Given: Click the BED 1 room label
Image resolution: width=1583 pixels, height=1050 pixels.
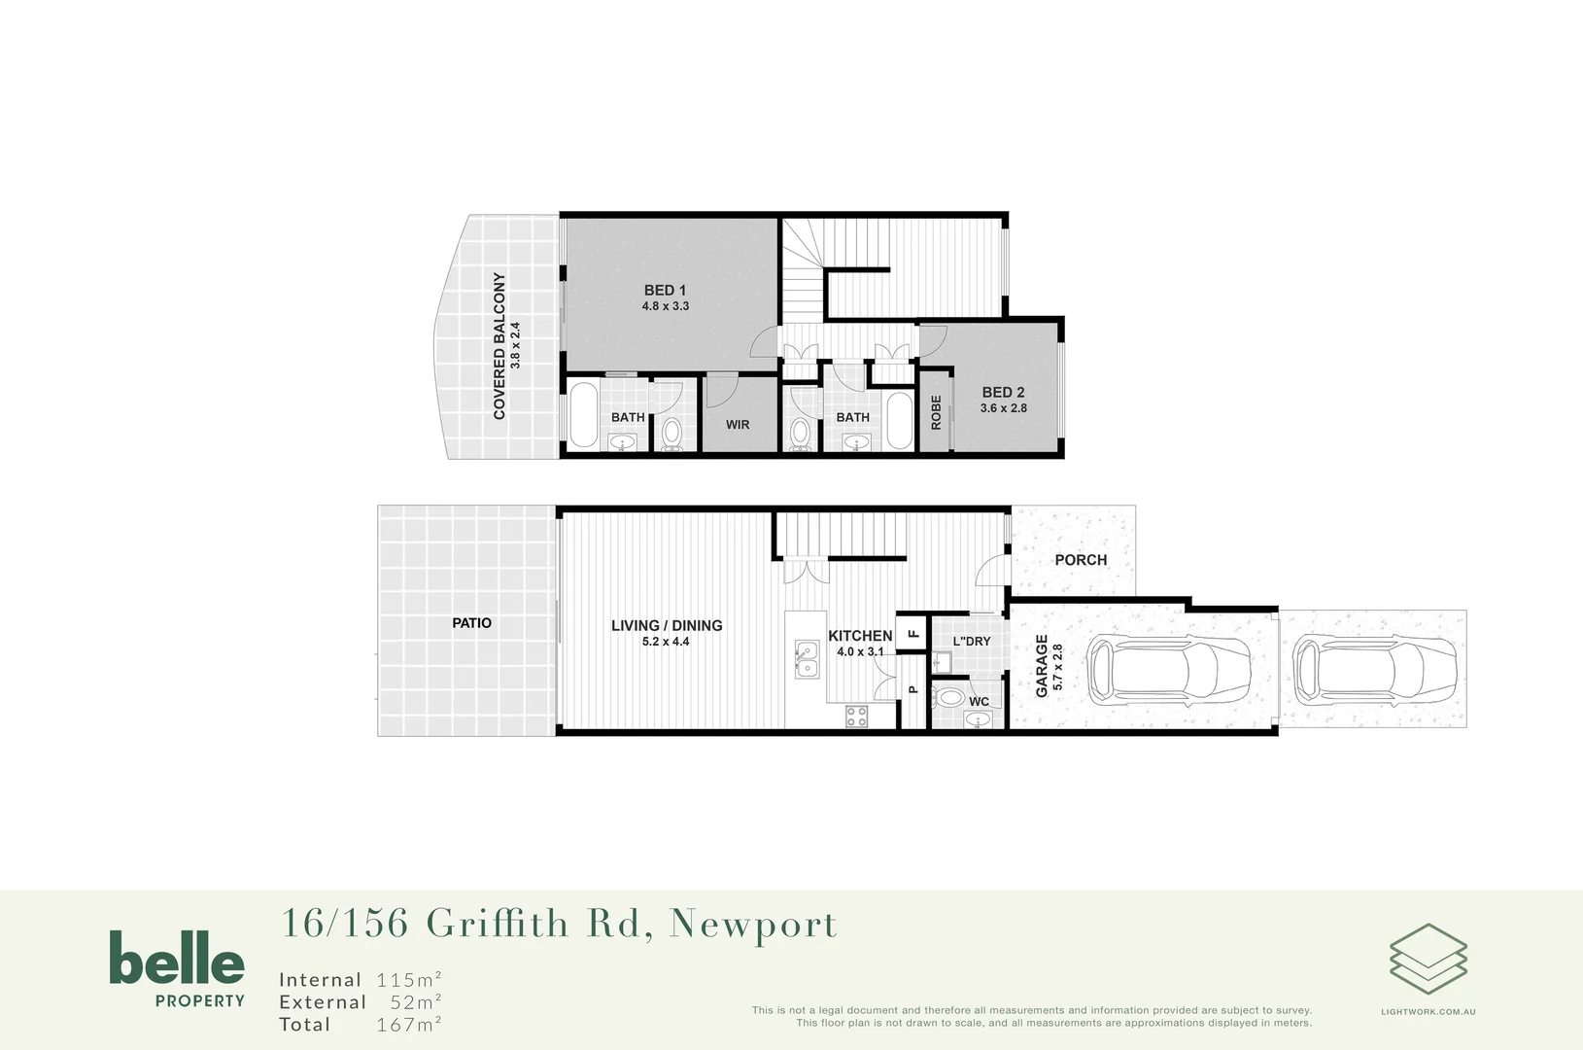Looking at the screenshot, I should pos(665,290).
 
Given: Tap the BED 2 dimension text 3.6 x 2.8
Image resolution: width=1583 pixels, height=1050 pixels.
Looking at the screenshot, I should pos(1003,408).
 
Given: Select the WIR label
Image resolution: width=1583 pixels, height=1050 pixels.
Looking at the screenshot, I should pos(738,425).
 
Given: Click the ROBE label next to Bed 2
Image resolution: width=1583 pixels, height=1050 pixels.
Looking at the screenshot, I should pos(936,412).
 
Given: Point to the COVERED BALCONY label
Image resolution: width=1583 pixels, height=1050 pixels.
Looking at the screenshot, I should pos(499,345).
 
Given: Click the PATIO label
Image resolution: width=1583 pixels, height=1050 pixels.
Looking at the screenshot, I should pos(471,623).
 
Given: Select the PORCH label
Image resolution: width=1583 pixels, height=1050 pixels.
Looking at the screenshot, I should pos(1081,560).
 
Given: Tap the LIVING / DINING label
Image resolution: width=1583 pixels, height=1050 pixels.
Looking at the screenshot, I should pos(667,625).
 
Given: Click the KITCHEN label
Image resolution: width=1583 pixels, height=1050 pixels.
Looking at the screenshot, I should pos(860,636).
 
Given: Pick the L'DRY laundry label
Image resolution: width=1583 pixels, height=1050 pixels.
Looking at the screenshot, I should pos(972,642).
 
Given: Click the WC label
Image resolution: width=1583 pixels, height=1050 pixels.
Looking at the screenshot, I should pos(979,702).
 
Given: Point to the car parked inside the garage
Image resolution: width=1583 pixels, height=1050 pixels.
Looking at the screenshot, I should pos(1169,670).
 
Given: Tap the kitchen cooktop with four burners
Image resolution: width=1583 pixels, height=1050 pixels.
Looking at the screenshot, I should pos(856,717).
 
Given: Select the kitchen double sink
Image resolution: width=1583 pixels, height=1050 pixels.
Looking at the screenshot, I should pos(806,659).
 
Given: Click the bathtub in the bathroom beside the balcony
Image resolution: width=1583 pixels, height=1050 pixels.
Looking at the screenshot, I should pos(584,416).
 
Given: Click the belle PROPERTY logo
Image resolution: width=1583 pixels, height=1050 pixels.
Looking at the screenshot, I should pos(176,968).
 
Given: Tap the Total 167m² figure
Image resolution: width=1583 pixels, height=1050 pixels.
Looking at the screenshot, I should pos(360,1025).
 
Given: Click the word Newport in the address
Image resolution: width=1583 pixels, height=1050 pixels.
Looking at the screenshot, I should pos(752,924).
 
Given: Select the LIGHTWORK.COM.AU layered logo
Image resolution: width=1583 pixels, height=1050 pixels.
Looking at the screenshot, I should pos(1428,961).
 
